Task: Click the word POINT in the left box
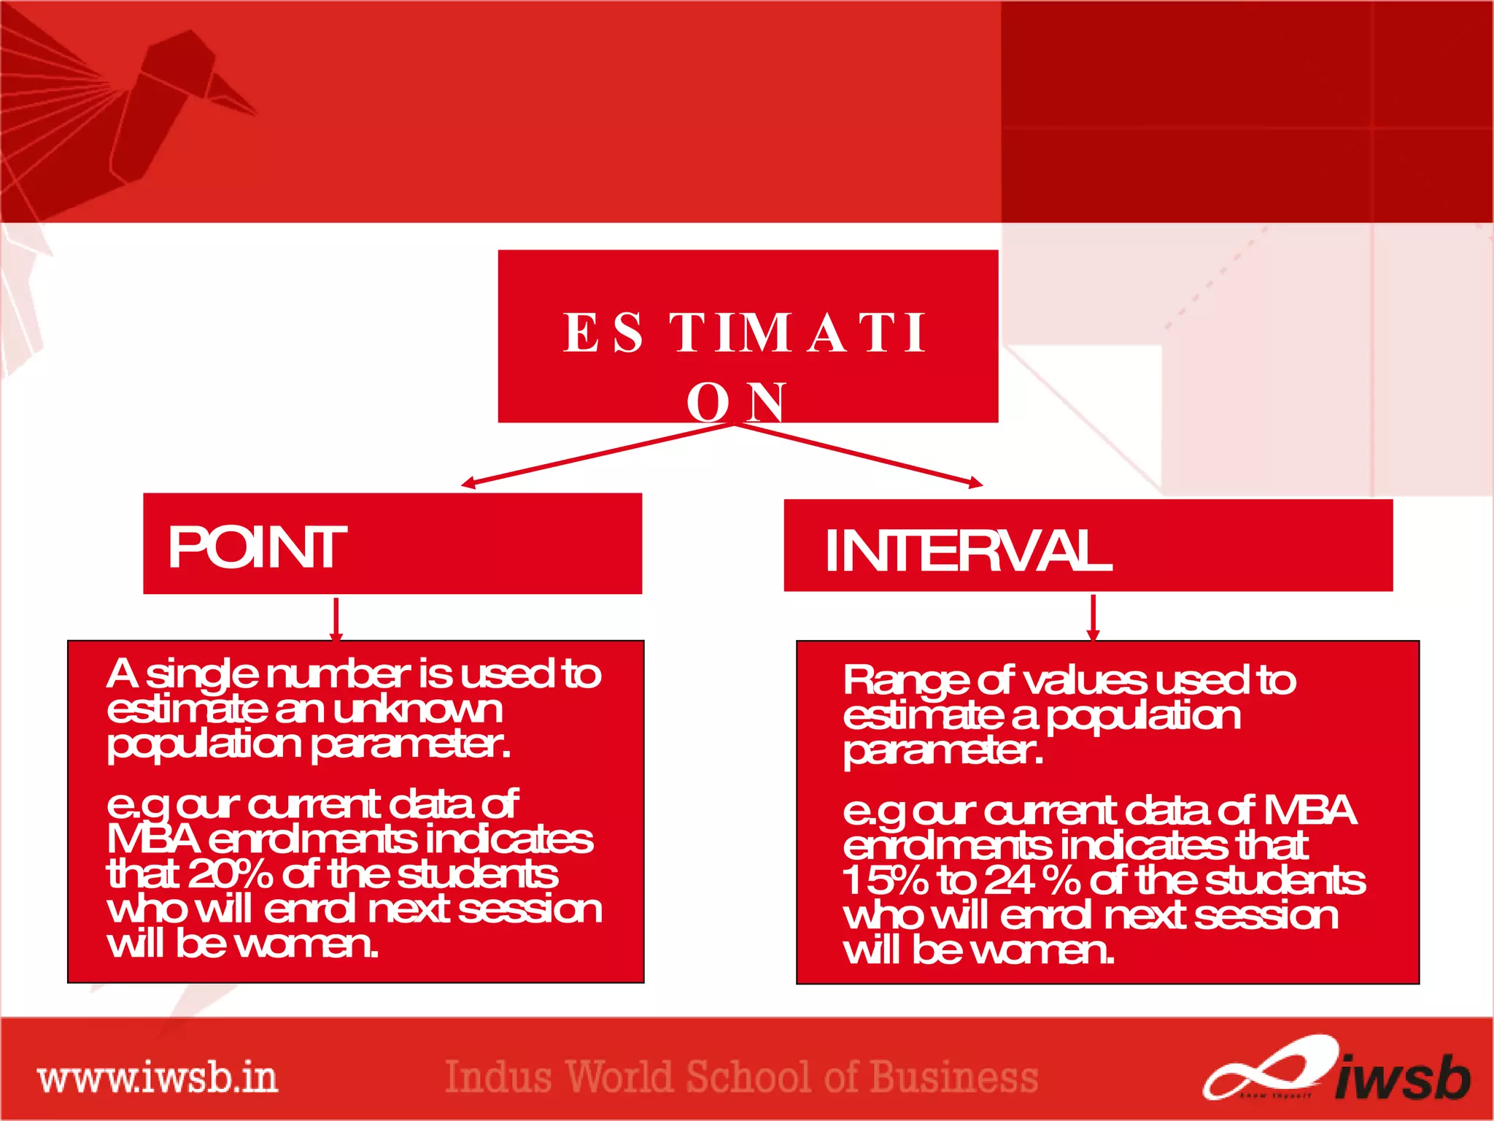tap(257, 547)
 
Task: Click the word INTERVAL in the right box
tap(967, 550)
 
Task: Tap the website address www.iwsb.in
tap(158, 1078)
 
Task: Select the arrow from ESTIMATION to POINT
tap(598, 454)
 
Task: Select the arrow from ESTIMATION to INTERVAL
tap(861, 454)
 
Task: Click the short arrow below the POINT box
tap(336, 619)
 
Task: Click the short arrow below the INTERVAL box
tap(1093, 617)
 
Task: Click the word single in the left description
tap(202, 675)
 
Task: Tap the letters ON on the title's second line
tap(737, 401)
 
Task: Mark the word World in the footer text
tap(619, 1077)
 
